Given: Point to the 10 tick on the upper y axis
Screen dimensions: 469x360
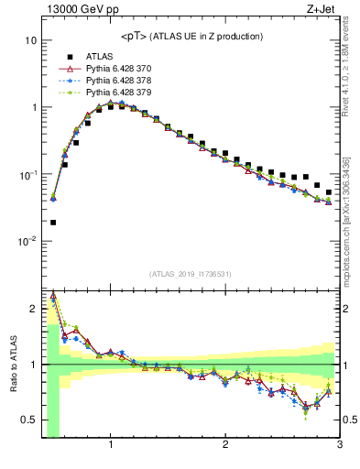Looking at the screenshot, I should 30,41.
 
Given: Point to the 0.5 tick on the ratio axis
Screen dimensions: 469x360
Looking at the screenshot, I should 27,420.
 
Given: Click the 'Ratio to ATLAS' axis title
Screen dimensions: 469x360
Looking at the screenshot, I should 11,365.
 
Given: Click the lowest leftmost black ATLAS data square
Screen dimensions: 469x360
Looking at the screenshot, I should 53,222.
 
